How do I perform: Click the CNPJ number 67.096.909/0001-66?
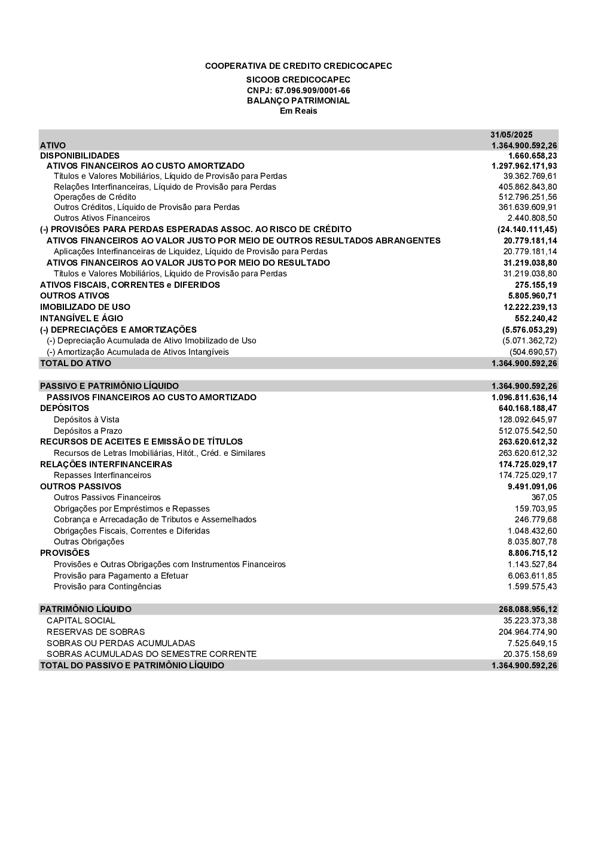coord(312,90)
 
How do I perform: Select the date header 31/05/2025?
coord(511,135)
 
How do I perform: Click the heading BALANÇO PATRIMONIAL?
coord(298,101)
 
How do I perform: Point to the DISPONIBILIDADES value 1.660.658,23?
coord(532,156)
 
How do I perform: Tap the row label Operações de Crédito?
coord(94,197)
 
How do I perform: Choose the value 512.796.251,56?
coord(527,197)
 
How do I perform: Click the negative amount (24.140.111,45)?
coord(527,229)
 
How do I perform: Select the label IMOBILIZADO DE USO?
coord(85,307)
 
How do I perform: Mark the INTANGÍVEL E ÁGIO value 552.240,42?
coord(536,318)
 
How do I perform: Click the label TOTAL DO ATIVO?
coord(75,363)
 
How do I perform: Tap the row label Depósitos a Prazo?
coord(88,431)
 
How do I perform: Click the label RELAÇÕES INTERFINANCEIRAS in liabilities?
coord(106,464)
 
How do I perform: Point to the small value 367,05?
coord(544,497)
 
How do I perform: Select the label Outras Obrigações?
coord(89,541)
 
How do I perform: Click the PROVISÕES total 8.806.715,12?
coord(532,553)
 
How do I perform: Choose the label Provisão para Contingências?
coord(108,586)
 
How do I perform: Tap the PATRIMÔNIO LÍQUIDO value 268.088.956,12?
coord(527,609)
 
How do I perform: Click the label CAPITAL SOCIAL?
coord(81,620)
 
